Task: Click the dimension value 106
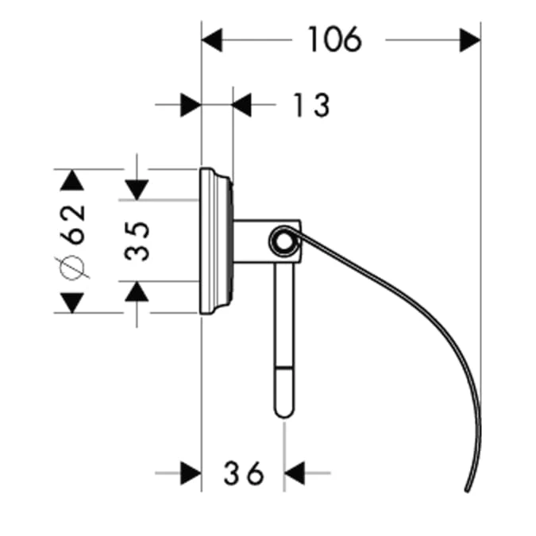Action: (x=334, y=38)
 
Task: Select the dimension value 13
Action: (x=310, y=104)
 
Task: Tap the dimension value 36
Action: (x=243, y=474)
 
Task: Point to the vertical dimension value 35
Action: (x=137, y=241)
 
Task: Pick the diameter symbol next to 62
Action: (x=72, y=268)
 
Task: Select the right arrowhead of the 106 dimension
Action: (x=470, y=38)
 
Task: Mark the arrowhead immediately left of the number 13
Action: (x=242, y=104)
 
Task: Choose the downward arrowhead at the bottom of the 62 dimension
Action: (x=72, y=302)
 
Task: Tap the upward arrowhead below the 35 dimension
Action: (x=137, y=291)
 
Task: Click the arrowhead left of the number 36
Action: (x=191, y=473)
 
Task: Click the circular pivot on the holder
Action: (x=281, y=241)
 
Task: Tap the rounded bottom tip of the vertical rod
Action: (x=283, y=411)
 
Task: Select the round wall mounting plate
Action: (x=214, y=241)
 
